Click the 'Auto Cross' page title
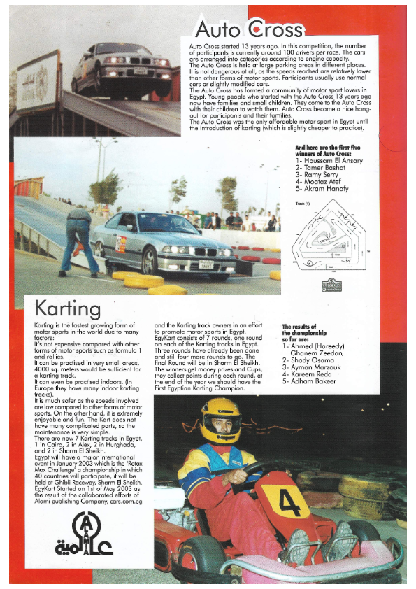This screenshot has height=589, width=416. pyautogui.click(x=249, y=29)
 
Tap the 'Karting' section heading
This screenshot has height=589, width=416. pyautogui.click(x=68, y=308)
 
